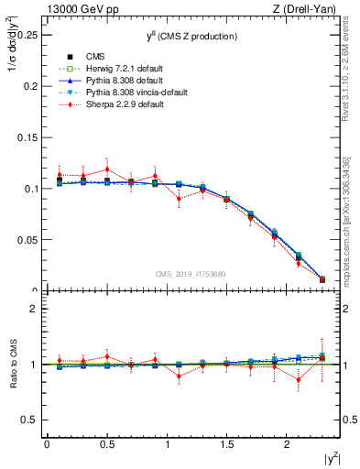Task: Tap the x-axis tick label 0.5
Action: pyautogui.click(x=106, y=444)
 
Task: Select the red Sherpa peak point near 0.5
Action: pyautogui.click(x=107, y=169)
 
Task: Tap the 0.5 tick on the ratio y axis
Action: pyautogui.click(x=30, y=420)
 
